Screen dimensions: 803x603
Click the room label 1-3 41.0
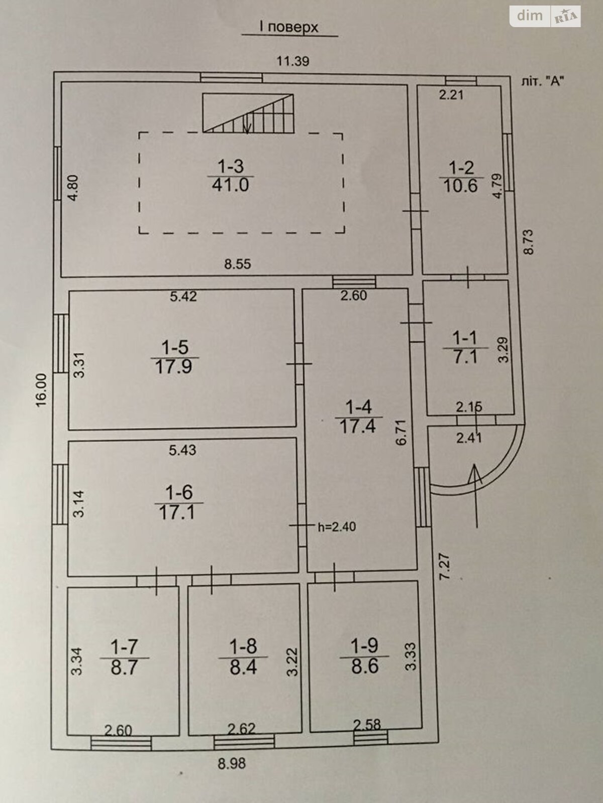click(230, 176)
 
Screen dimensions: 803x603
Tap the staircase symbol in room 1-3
click(248, 113)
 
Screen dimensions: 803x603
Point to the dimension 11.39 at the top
click(293, 61)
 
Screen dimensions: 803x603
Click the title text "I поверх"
click(289, 27)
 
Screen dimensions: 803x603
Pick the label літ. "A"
click(542, 81)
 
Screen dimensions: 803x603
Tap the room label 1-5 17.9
click(174, 357)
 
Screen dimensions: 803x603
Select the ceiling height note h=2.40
click(337, 527)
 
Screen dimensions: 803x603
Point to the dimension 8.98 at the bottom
click(232, 764)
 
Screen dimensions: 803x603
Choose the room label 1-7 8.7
click(124, 657)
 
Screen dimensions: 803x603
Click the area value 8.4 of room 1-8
click(244, 667)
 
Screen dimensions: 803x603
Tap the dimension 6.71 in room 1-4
click(401, 432)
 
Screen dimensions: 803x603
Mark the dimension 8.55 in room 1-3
click(238, 264)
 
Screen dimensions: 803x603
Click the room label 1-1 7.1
click(465, 347)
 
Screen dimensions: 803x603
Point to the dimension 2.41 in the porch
click(468, 438)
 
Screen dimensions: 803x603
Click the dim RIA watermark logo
click(546, 16)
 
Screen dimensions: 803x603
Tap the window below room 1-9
click(370, 736)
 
